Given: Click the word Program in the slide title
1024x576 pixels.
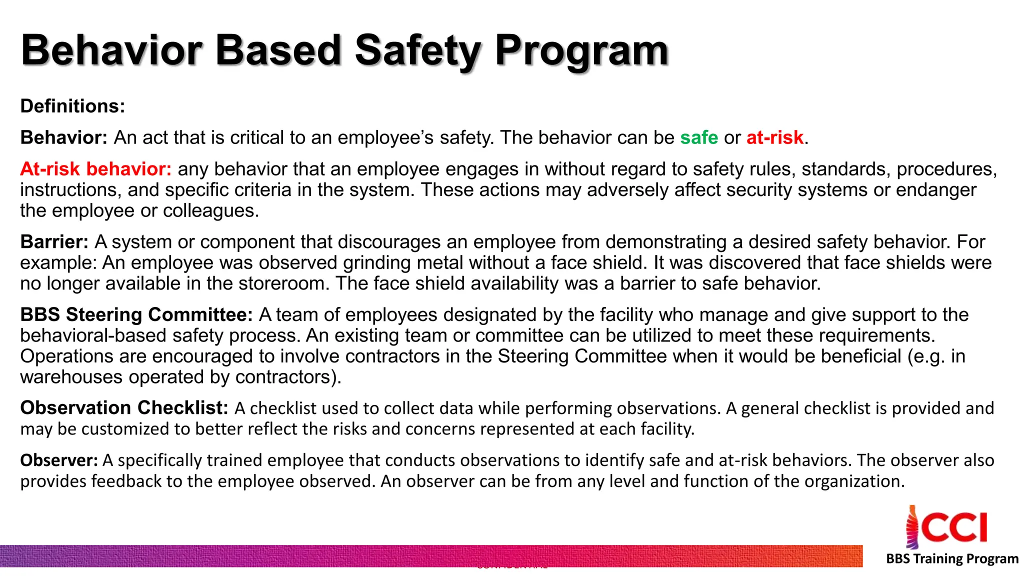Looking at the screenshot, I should click(x=581, y=51).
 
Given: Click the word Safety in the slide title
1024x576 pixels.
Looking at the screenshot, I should click(x=417, y=51).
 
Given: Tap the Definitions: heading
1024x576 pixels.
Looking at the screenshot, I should click(x=72, y=106).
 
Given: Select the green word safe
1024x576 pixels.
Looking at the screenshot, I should click(x=698, y=137).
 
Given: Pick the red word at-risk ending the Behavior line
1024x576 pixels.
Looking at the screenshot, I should click(x=774, y=137).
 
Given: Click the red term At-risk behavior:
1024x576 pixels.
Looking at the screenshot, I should click(x=95, y=169).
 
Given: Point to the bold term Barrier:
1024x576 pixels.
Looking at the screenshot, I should click(x=54, y=242).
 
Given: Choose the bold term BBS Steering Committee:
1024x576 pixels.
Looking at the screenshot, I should click(x=136, y=315).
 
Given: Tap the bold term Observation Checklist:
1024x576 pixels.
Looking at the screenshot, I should click(x=124, y=408).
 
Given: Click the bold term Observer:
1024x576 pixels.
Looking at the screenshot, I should click(x=59, y=460).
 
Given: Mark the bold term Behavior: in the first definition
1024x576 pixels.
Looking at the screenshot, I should click(x=63, y=137).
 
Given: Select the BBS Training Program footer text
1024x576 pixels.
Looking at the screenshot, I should click(x=952, y=558).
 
